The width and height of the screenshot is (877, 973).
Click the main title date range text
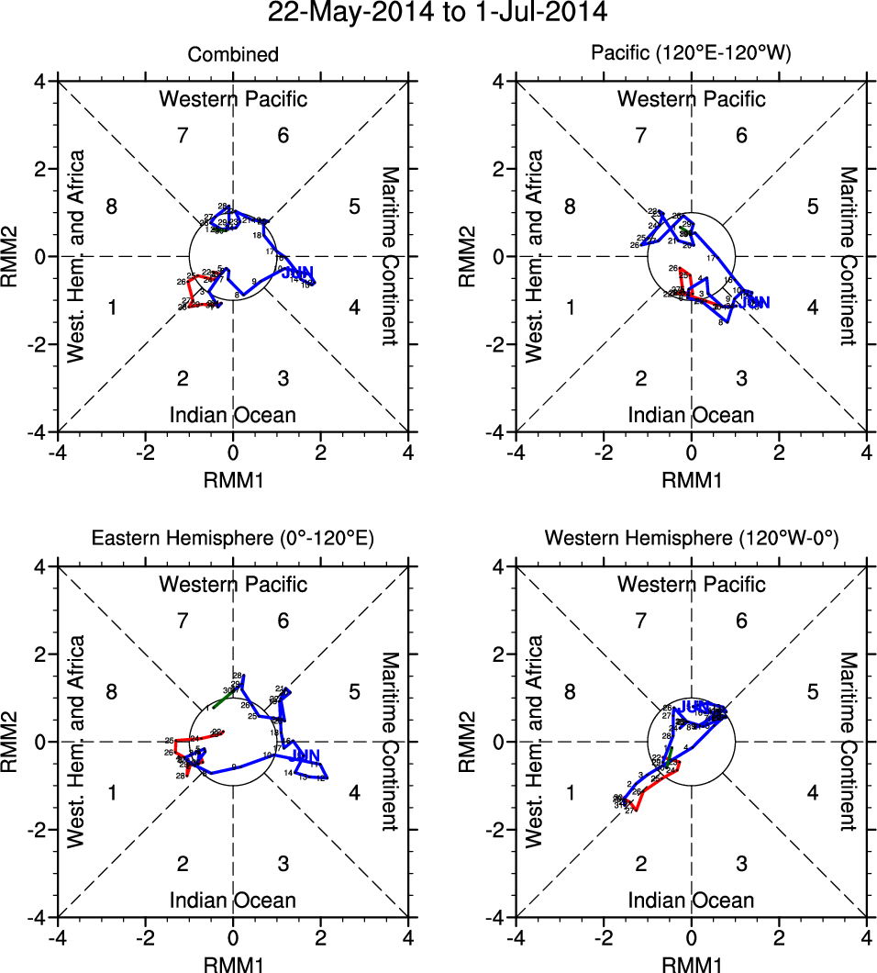(438, 13)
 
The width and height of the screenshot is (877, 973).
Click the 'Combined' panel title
(233, 55)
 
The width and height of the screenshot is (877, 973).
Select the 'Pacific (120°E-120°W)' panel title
(691, 55)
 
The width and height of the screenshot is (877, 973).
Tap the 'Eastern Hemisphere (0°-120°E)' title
(232, 540)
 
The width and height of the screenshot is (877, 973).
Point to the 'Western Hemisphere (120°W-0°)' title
(691, 540)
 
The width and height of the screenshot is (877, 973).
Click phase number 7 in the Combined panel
(183, 136)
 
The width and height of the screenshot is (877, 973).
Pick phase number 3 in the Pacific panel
(741, 378)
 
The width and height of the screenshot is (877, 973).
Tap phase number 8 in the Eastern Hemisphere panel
(111, 691)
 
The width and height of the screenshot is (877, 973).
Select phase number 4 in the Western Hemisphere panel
(812, 792)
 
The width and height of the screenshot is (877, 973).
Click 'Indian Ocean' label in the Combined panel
(233, 415)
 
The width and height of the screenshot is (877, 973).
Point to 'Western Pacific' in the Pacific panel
(691, 99)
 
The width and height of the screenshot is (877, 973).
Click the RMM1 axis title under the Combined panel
(233, 478)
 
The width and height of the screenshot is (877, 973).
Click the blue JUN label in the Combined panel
(298, 273)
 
